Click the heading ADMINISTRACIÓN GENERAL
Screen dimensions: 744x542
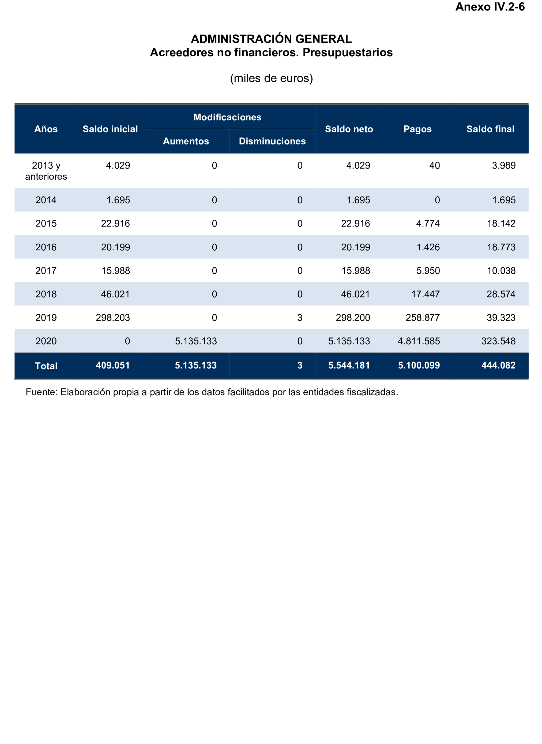tap(271, 39)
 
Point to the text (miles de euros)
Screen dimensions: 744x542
tap(271, 78)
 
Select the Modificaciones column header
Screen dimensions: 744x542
tap(227, 117)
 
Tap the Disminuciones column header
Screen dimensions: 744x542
tap(272, 141)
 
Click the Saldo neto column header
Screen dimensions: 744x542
tap(349, 129)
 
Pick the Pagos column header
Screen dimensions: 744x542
tap(417, 129)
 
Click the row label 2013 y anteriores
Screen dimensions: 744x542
tap(46, 171)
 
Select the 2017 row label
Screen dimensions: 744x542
tap(46, 270)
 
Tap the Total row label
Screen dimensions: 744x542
tap(46, 366)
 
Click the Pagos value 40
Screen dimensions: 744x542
tap(434, 165)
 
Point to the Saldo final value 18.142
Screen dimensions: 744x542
tap(501, 224)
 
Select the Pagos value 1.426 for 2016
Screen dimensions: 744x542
tap(428, 247)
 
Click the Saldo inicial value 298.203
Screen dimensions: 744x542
tap(112, 318)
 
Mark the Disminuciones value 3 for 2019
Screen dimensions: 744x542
tap(300, 318)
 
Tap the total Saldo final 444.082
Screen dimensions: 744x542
tap(498, 365)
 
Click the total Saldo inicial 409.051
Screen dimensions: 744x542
tap(112, 365)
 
